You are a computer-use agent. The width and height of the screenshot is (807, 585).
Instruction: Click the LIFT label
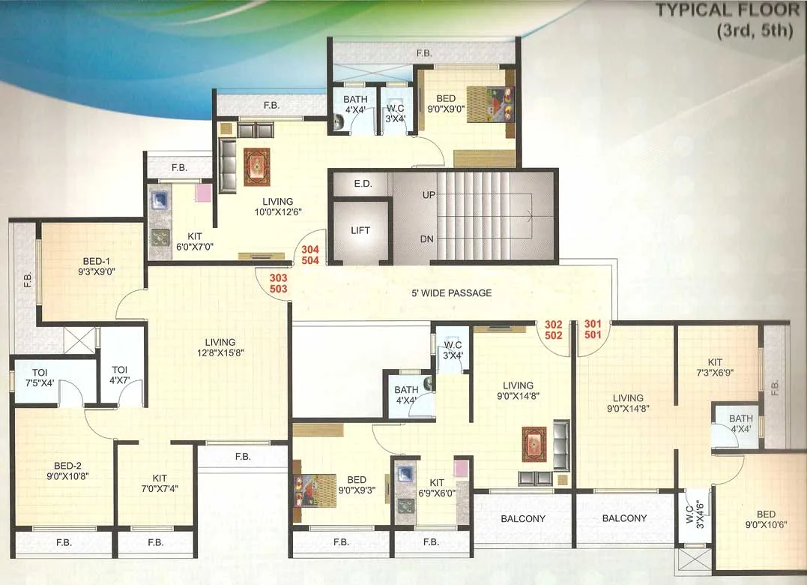360,230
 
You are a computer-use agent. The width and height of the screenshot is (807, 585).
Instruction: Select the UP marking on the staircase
429,194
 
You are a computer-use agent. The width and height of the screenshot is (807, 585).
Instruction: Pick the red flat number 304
310,250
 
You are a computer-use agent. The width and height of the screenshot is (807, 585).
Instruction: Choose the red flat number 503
278,289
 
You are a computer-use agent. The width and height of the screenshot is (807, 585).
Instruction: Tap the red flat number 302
554,325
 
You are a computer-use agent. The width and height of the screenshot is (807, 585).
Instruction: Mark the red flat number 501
593,335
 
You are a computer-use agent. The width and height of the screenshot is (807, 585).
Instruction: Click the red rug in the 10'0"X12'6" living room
256,166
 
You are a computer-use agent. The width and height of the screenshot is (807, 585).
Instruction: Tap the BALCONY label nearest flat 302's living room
523,518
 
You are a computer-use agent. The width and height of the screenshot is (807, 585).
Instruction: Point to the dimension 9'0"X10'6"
766,524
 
